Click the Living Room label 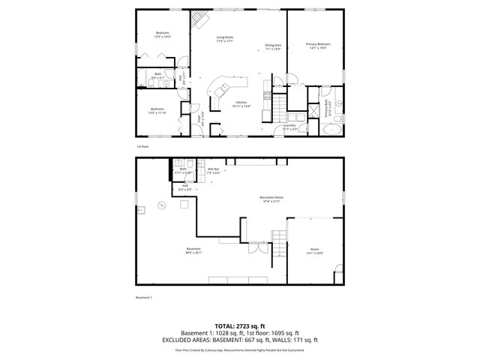coord(225,39)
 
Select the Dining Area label coord(273,46)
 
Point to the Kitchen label coord(241,103)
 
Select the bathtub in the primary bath coord(330,129)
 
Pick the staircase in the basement coord(279,244)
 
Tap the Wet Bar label coord(214,171)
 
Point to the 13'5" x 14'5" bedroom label coord(163,34)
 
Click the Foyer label coord(199,118)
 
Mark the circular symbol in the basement coord(160,204)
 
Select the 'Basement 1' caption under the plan coord(143,298)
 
